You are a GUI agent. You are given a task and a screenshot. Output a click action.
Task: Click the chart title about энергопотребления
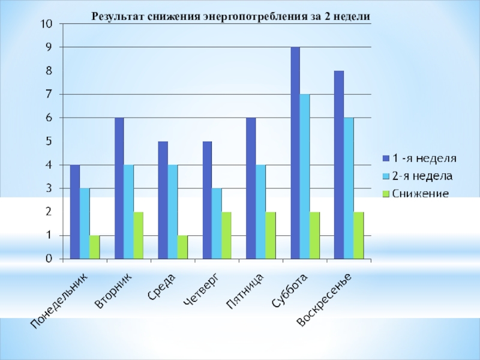230,17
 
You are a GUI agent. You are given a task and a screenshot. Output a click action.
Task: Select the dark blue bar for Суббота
295,153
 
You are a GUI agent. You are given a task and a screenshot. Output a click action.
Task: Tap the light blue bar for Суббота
305,176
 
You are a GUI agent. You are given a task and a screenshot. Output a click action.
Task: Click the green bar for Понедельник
94,247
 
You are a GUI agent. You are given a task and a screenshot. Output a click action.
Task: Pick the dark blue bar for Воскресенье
339,165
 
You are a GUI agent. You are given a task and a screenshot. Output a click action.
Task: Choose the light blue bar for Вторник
128,212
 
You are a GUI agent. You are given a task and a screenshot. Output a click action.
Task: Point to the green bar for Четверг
226,235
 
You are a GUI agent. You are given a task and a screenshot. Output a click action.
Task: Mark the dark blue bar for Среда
163,200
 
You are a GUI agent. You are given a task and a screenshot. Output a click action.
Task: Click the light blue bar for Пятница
260,212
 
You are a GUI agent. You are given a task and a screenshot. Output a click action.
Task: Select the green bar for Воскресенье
359,235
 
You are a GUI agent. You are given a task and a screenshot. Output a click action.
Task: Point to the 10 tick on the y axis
46,24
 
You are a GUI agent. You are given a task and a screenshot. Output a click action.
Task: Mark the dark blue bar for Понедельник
75,212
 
